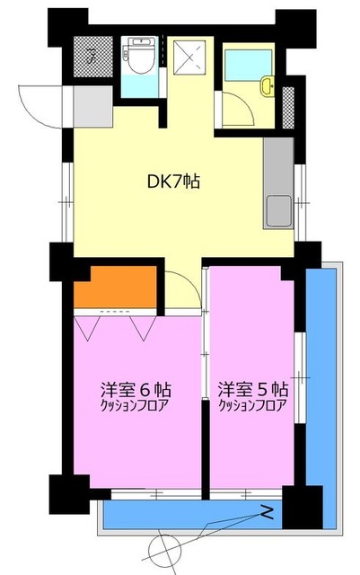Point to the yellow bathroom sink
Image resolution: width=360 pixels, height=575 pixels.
267,86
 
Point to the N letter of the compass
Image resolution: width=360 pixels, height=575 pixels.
268,514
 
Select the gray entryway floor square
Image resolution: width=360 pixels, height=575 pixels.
90,106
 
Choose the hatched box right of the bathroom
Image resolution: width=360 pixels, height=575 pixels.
289,105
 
